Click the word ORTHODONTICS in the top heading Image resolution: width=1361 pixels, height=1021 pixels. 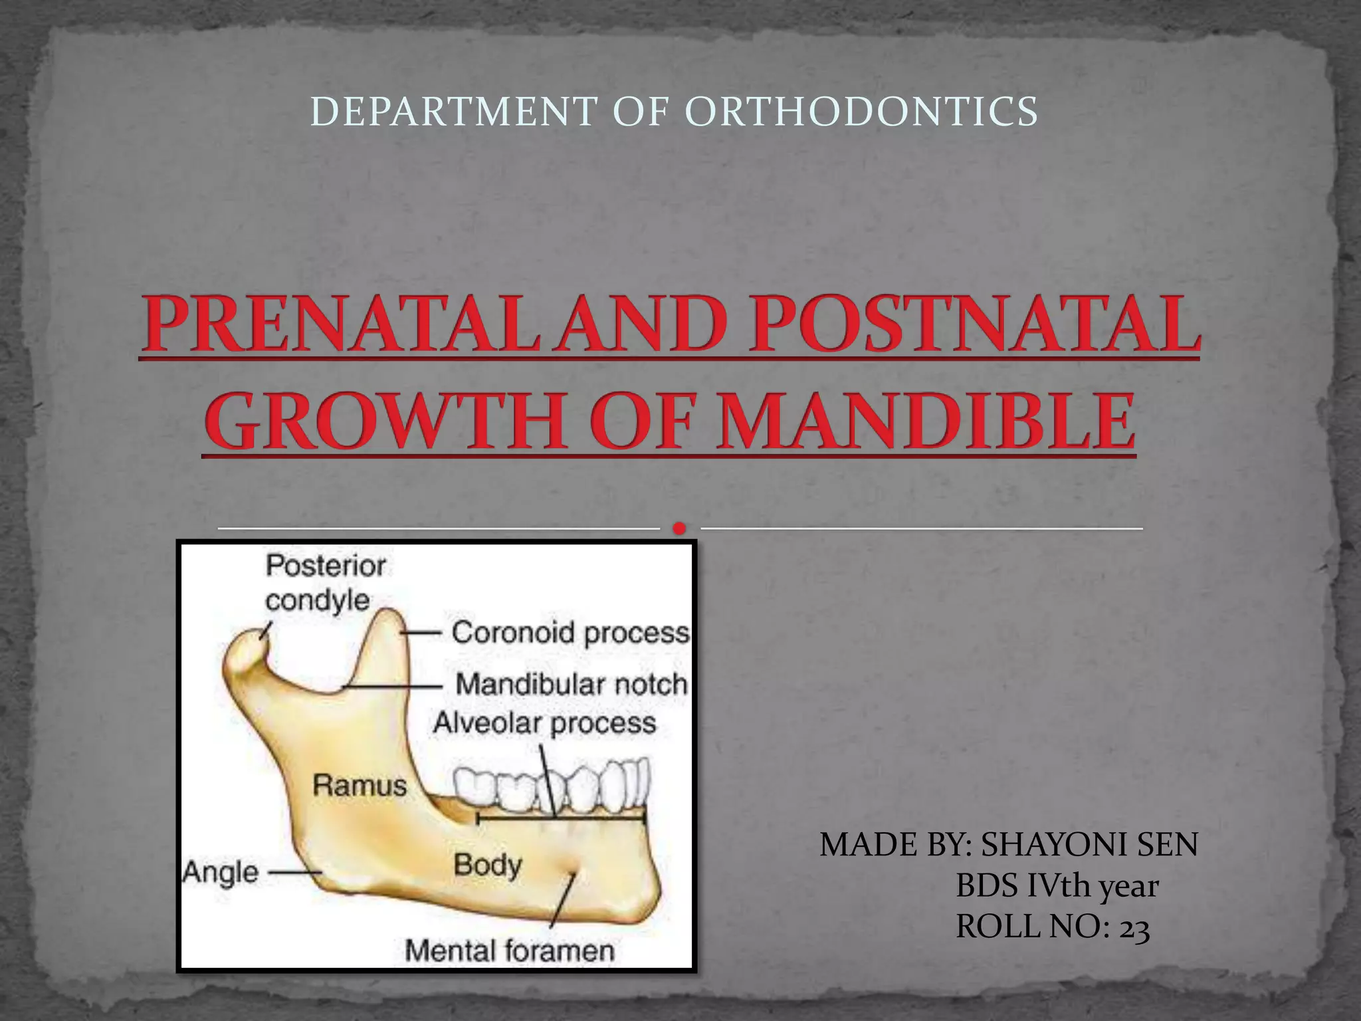point(861,111)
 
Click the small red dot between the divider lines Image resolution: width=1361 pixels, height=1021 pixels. point(679,528)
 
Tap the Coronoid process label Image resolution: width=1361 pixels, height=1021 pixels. point(570,633)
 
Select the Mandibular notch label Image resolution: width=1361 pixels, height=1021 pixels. point(571,684)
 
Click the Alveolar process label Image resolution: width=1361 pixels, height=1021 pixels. point(544,723)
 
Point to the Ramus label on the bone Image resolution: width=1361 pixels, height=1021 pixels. point(360,786)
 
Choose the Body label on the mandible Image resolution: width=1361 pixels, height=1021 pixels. point(487,865)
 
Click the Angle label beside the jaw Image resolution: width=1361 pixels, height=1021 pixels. point(221,872)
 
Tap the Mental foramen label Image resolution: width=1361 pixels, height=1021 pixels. point(510,951)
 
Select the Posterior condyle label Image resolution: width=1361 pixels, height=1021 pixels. point(326,583)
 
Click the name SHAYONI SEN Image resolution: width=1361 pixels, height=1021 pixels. point(1090,846)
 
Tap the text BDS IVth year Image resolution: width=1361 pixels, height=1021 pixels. point(1057,887)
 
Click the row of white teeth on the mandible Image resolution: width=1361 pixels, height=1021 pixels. point(552,791)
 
